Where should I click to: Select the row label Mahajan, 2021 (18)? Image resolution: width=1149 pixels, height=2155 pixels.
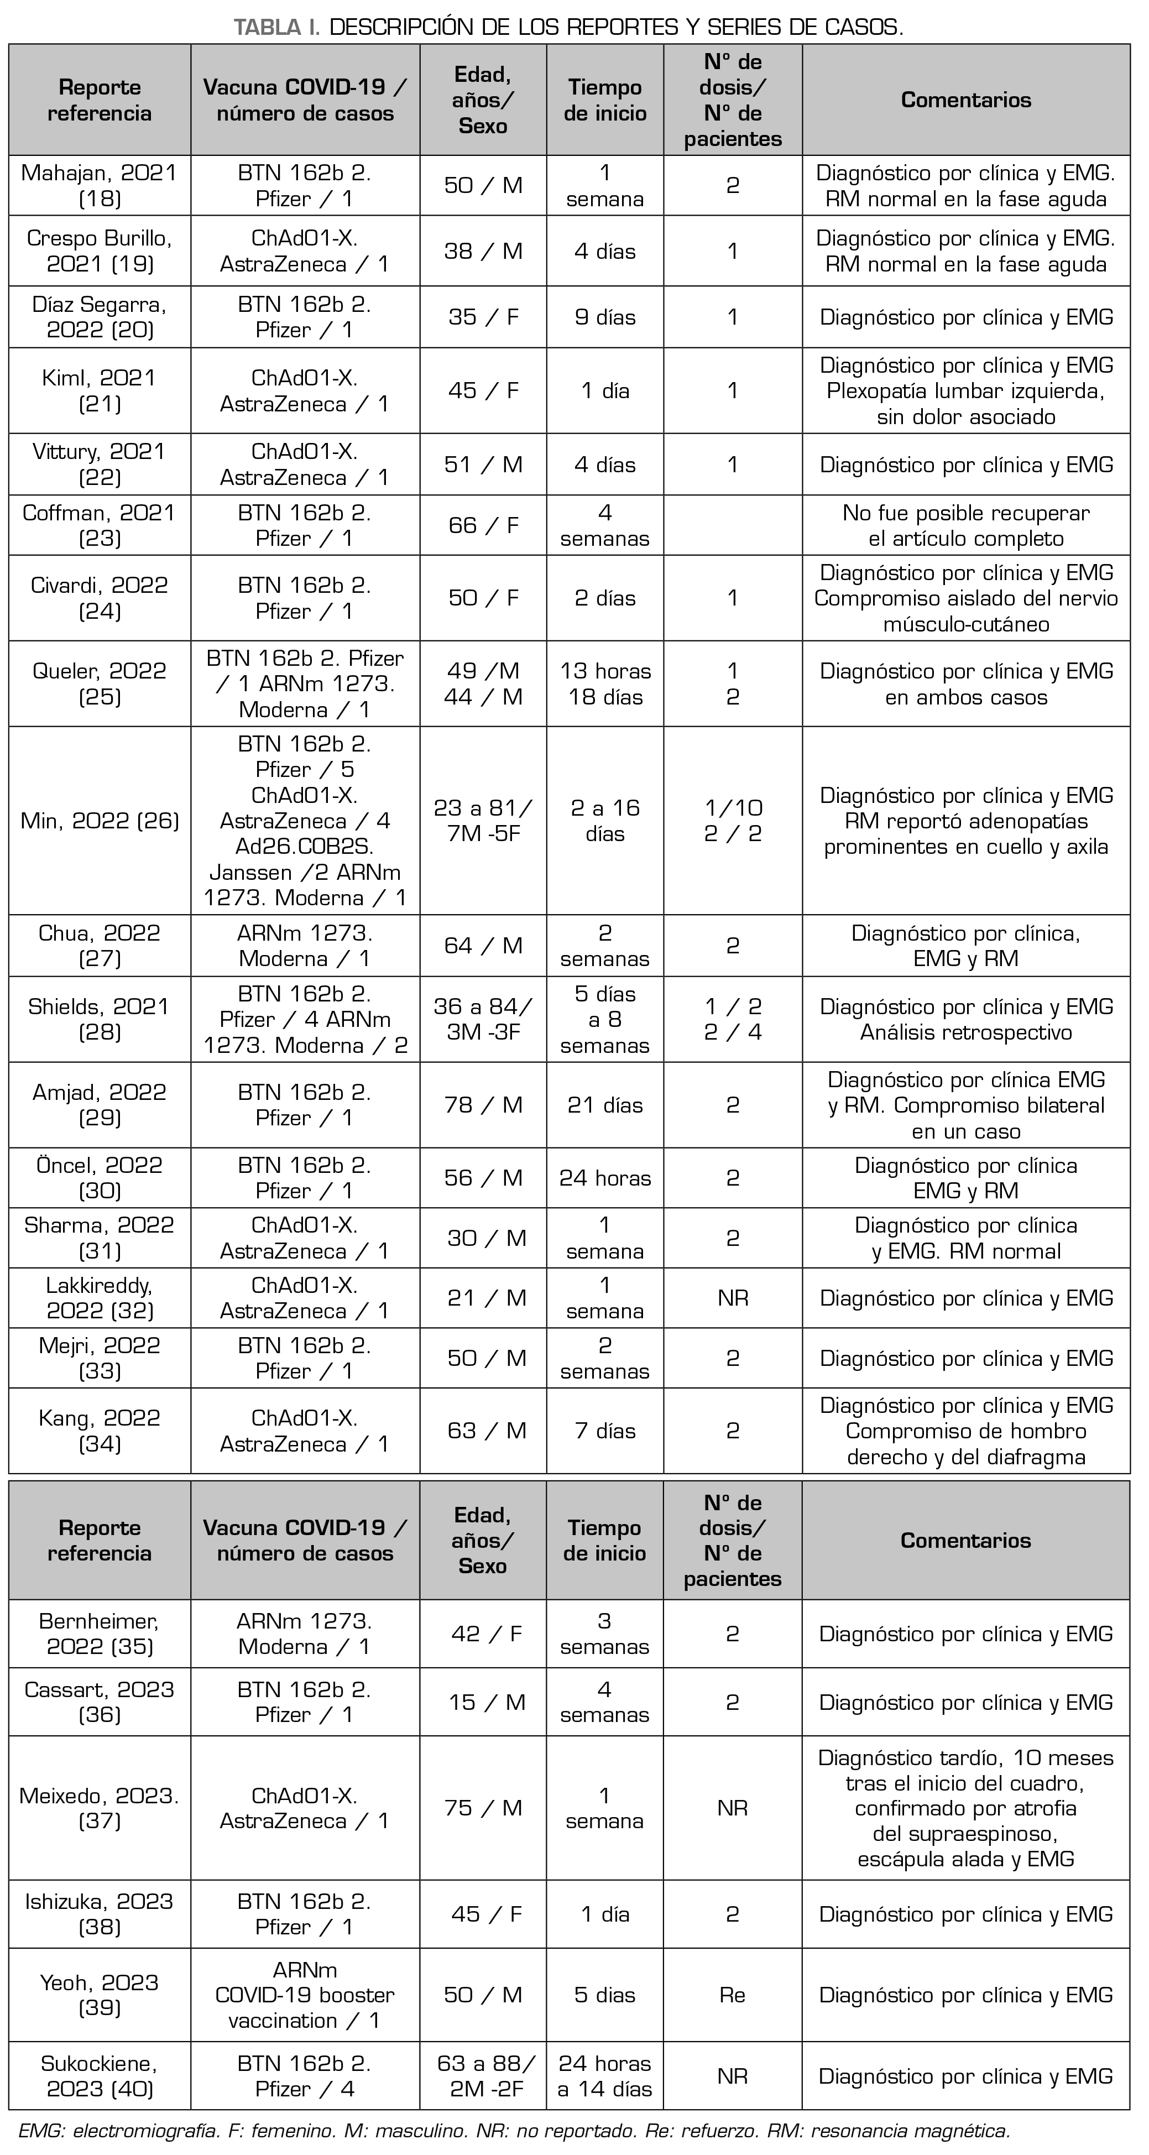pos(100,186)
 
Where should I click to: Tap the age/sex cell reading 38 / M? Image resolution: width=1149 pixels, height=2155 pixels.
pos(483,251)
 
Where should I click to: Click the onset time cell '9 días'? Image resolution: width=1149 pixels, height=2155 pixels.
pos(604,317)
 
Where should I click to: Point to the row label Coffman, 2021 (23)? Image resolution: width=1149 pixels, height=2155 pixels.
pos(100,525)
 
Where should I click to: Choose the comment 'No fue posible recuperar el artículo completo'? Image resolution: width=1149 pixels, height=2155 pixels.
pos(966,525)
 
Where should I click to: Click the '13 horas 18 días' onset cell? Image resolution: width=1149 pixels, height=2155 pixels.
pos(604,683)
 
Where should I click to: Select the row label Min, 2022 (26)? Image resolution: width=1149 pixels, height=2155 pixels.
pos(100,821)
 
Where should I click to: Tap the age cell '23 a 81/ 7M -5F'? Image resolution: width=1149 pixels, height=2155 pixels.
pos(483,821)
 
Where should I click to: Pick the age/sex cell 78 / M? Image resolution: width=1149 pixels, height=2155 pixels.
pos(483,1105)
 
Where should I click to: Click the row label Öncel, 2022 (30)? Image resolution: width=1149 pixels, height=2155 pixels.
pos(100,1178)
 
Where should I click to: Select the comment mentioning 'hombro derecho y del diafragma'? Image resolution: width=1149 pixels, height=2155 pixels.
pos(966,1431)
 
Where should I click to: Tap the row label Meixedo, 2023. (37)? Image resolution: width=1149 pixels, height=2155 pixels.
pos(100,1808)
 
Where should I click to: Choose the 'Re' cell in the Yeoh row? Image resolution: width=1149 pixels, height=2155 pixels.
pos(733,1995)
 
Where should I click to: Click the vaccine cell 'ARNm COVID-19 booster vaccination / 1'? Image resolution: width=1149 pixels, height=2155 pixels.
pos(305,1995)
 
